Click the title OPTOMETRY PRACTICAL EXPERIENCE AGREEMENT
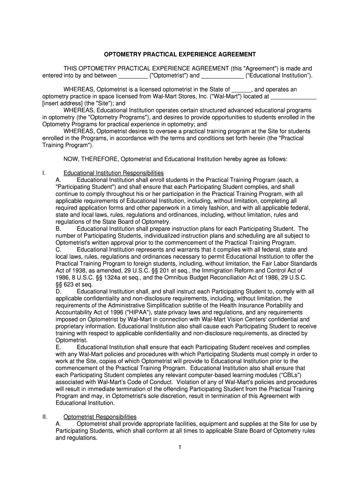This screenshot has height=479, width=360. (180, 54)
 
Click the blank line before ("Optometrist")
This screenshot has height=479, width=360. (133, 75)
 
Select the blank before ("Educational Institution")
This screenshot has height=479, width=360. (222, 75)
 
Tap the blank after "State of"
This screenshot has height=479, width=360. (241, 89)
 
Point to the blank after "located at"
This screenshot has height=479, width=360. (294, 96)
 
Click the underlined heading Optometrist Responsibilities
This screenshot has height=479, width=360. (100, 417)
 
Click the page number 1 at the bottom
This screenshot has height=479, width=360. (180, 448)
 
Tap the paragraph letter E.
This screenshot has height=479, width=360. (58, 347)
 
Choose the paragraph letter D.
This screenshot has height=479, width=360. (58, 291)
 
